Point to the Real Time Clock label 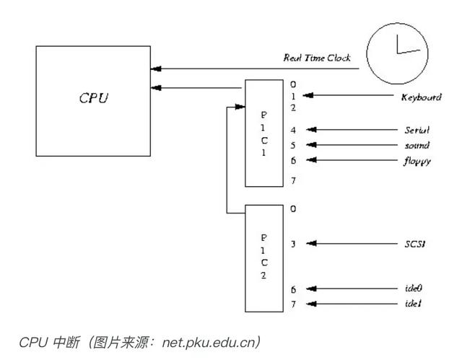tap(317, 57)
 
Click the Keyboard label tap(421, 96)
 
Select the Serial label tap(417, 131)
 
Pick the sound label tap(417, 145)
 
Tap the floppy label tap(417, 160)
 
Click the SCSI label tap(414, 244)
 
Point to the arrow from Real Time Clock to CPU tap(253, 69)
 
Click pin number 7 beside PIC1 tap(293, 181)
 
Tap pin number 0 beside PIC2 tap(293, 209)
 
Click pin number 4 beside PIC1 tap(293, 131)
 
